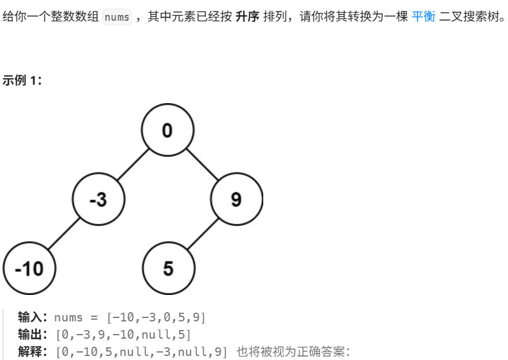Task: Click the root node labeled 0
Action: click(x=167, y=130)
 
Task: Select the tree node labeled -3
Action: click(x=98, y=199)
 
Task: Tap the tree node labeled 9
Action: click(x=236, y=199)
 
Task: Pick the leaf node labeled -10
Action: click(x=29, y=268)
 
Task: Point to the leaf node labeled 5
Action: click(x=168, y=268)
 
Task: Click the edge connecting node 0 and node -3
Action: click(x=133, y=165)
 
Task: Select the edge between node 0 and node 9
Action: click(x=202, y=165)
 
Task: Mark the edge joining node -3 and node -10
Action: click(x=63, y=234)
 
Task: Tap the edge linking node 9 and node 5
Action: click(x=202, y=234)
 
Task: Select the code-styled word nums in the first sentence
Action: click(x=117, y=17)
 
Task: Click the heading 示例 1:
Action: click(x=22, y=81)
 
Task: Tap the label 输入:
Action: click(x=34, y=317)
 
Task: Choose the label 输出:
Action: click(x=34, y=334)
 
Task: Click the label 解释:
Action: click(x=34, y=351)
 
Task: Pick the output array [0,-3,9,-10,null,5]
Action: click(x=123, y=334)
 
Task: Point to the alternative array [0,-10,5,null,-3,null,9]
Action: click(x=142, y=351)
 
